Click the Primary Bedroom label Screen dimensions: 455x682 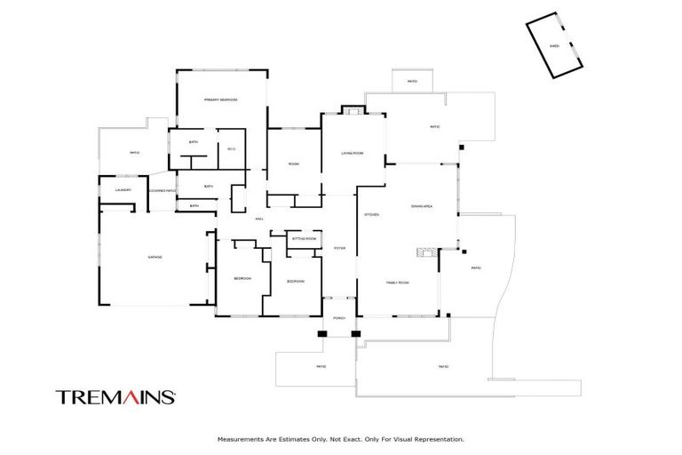pyautogui.click(x=220, y=100)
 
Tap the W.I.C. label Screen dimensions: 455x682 pyautogui.click(x=231, y=148)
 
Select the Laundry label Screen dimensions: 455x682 pyautogui.click(x=123, y=189)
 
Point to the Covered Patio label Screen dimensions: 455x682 pyautogui.click(x=163, y=190)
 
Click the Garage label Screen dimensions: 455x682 pyautogui.click(x=155, y=257)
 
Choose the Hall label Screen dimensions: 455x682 pyautogui.click(x=259, y=219)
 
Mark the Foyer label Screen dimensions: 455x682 pyautogui.click(x=339, y=248)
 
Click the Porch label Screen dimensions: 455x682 pyautogui.click(x=338, y=317)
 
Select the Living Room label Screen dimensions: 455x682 pyautogui.click(x=353, y=154)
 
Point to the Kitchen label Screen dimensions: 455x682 pyautogui.click(x=372, y=214)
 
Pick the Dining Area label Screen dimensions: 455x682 pyautogui.click(x=421, y=205)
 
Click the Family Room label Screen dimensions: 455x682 pyautogui.click(x=397, y=282)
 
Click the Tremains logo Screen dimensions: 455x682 pyautogui.click(x=115, y=397)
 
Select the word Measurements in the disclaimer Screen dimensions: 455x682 pyautogui.click(x=242, y=438)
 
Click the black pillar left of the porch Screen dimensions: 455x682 pyautogui.click(x=321, y=333)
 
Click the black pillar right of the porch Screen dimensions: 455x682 pyautogui.click(x=355, y=333)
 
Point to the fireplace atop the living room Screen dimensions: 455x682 pyautogui.click(x=353, y=111)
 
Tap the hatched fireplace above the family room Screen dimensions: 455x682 pyautogui.click(x=428, y=252)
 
